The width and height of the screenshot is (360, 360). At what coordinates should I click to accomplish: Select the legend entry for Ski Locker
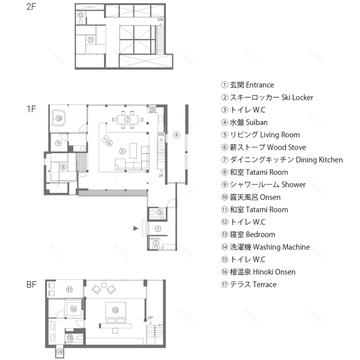[267, 97]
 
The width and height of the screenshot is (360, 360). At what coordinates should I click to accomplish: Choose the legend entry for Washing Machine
[265, 247]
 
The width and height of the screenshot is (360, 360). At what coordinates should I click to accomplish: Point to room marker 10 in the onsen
[59, 118]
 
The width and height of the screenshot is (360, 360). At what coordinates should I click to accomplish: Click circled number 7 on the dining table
[127, 119]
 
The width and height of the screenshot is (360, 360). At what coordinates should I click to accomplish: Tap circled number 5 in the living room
[122, 151]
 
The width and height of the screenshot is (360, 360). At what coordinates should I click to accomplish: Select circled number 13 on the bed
[116, 310]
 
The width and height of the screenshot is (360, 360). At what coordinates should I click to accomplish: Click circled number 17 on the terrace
[70, 289]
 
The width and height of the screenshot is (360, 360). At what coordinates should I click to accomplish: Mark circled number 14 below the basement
[59, 351]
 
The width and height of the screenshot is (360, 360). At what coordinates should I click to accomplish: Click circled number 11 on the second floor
[90, 40]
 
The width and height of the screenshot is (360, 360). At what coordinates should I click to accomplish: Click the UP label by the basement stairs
[150, 317]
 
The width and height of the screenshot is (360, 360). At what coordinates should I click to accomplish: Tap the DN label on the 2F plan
[160, 20]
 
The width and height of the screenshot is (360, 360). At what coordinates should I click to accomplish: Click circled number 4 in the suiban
[176, 134]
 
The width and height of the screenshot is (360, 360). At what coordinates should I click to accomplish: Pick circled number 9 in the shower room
[59, 143]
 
